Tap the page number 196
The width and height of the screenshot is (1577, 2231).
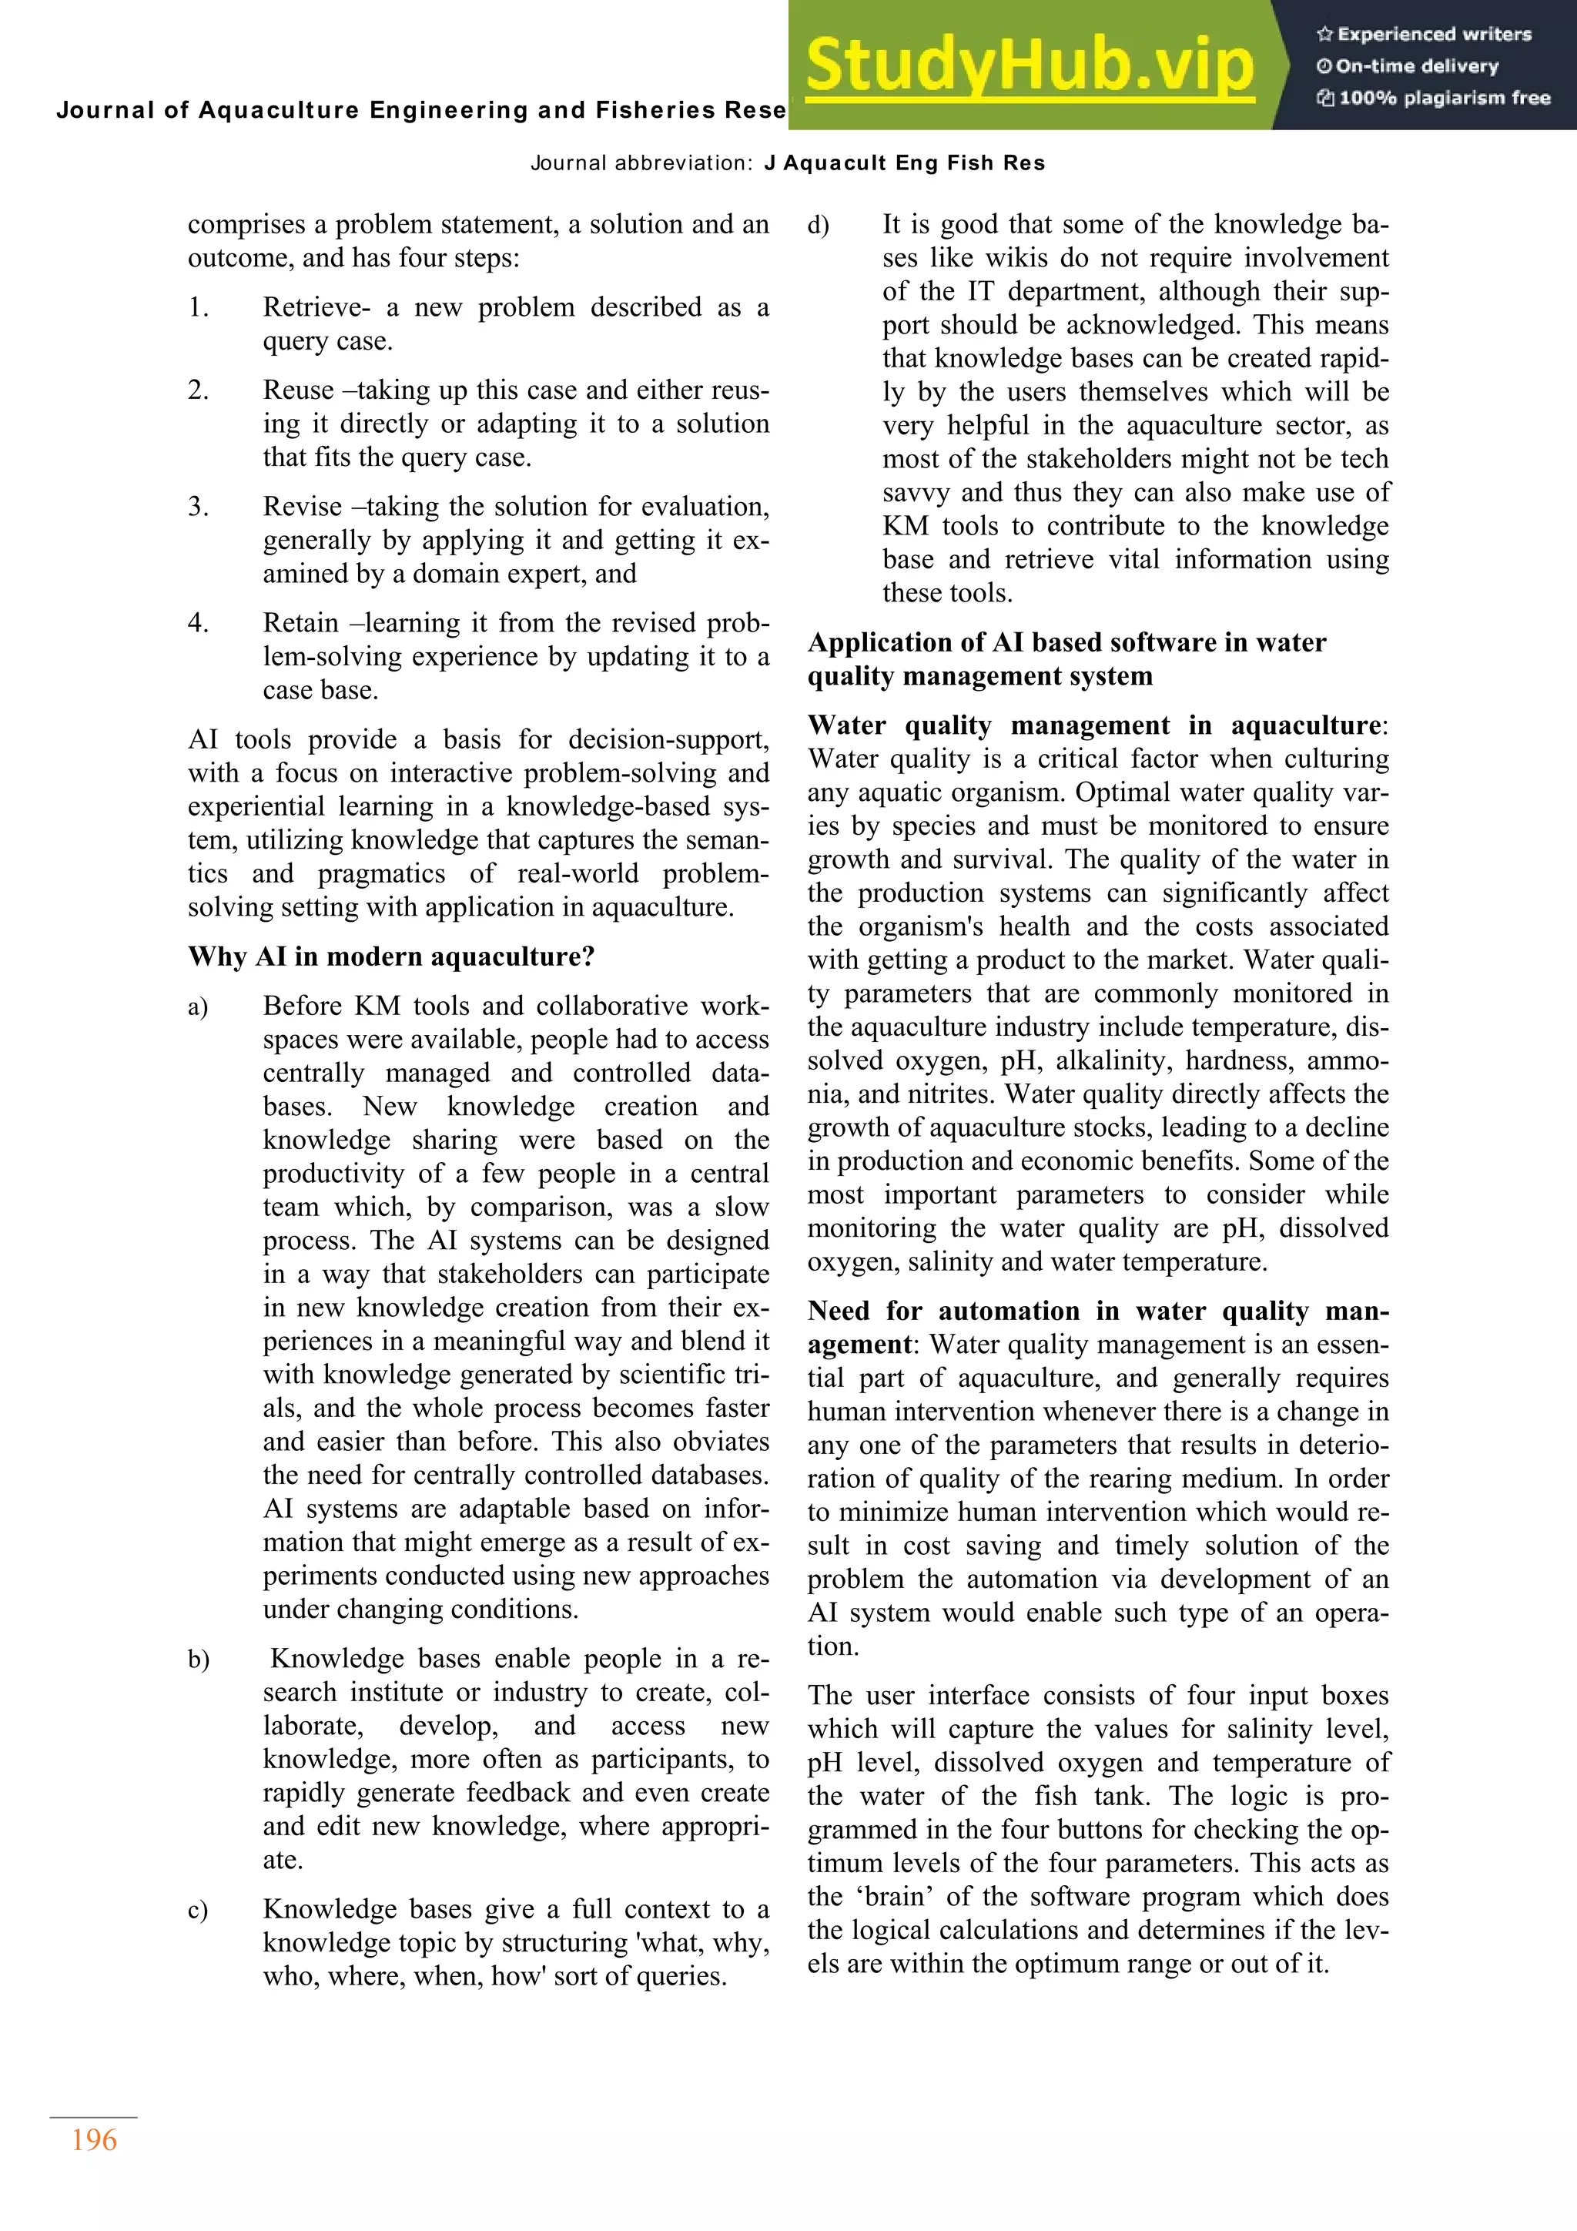coord(94,2139)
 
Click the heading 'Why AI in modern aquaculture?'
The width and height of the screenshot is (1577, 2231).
coord(390,956)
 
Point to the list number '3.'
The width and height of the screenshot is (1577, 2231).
coord(198,506)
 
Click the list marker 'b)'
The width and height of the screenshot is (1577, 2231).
coord(198,1659)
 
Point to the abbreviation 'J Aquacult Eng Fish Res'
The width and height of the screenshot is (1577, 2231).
coord(904,163)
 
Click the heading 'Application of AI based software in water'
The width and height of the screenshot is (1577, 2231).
coord(1066,642)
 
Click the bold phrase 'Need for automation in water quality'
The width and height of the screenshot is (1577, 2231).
coord(1098,1311)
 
